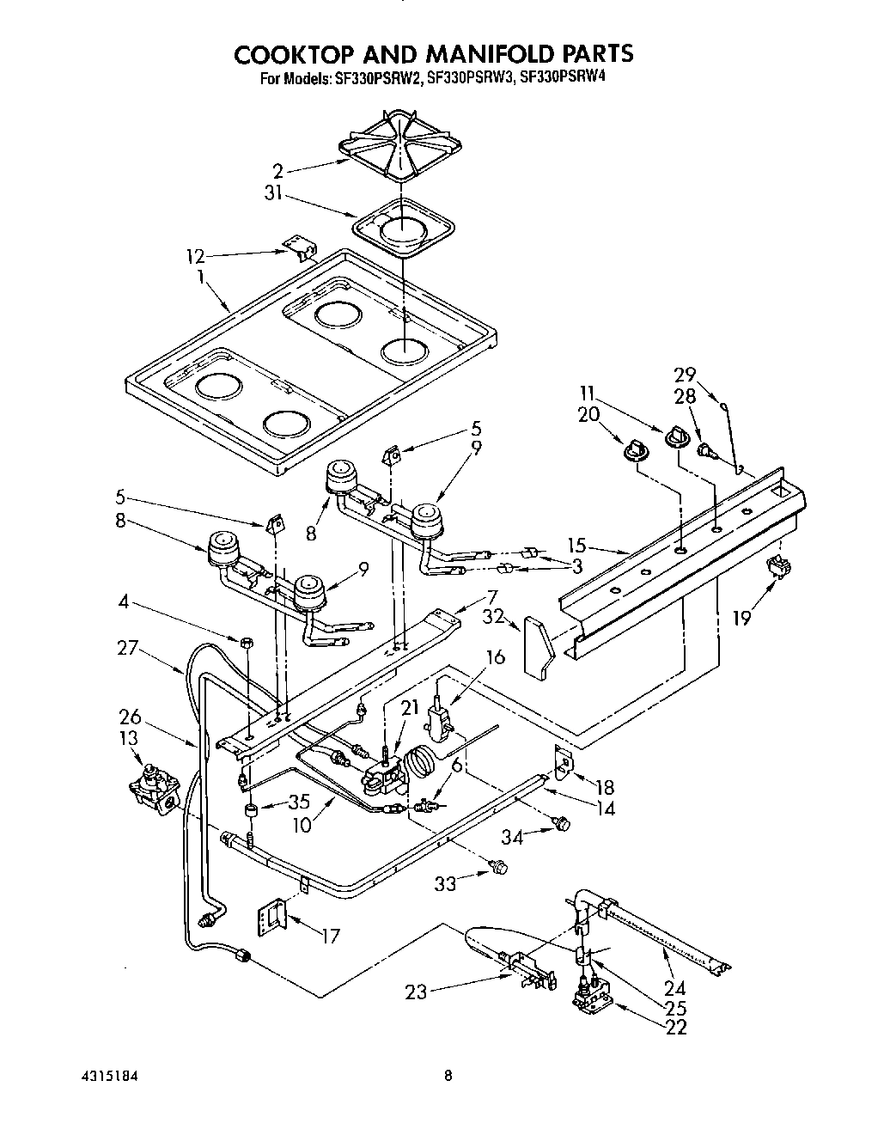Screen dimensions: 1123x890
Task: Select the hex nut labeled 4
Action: [247, 642]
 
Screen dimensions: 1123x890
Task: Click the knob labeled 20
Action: [637, 449]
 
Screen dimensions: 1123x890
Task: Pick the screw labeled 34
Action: [562, 823]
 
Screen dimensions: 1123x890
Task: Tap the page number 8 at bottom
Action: [448, 1075]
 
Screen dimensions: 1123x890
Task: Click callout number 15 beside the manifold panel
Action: [577, 544]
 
